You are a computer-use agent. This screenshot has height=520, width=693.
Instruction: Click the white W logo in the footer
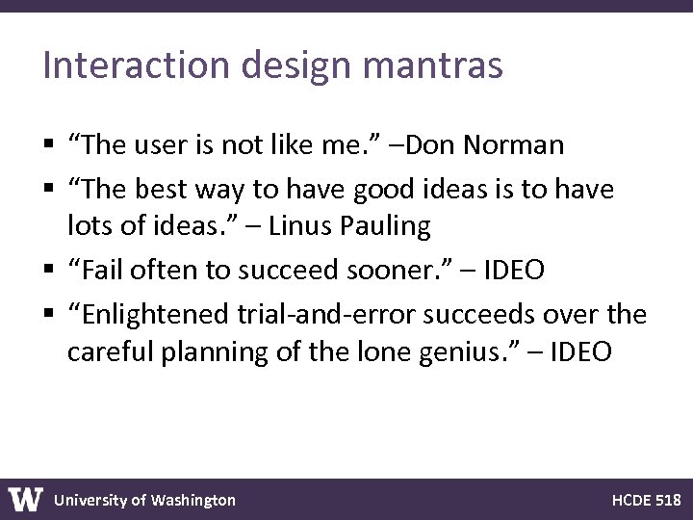click(x=26, y=499)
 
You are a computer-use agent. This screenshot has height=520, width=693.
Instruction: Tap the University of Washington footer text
click(x=144, y=500)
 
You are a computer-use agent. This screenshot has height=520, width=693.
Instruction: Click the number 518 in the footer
click(x=667, y=500)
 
